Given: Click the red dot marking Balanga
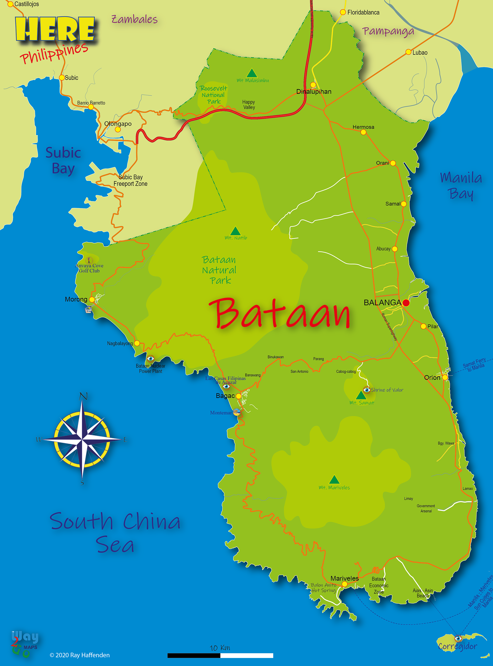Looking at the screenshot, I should click(x=406, y=303).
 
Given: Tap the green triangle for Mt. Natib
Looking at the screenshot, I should click(x=235, y=231).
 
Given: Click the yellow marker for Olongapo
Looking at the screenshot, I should click(x=118, y=129).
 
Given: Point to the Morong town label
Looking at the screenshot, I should click(x=76, y=299).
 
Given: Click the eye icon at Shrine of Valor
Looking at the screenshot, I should click(x=367, y=390).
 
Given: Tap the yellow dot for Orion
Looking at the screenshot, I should click(x=445, y=377).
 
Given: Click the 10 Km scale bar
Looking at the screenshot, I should click(x=220, y=655).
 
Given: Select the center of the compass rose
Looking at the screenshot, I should click(x=82, y=439).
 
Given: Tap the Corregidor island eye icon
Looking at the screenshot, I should click(x=458, y=638).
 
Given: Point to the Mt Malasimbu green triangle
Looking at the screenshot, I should click(x=252, y=73).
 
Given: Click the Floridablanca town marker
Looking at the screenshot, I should click(x=343, y=12).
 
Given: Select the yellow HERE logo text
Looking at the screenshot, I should click(x=55, y=29).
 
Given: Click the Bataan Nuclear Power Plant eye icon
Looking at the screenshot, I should click(x=150, y=358).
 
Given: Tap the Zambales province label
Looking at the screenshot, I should click(x=134, y=20).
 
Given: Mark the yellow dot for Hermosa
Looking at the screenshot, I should click(x=363, y=132).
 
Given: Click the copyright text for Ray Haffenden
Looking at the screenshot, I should click(x=80, y=655).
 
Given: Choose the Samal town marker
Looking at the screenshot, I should click(x=403, y=204).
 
